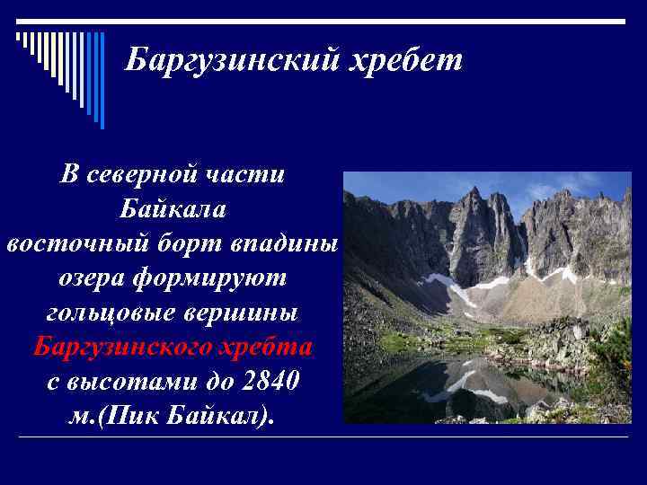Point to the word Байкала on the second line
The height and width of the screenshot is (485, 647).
(173, 209)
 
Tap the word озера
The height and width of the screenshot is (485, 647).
(91, 278)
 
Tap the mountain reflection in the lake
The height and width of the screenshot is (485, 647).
(467, 382)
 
